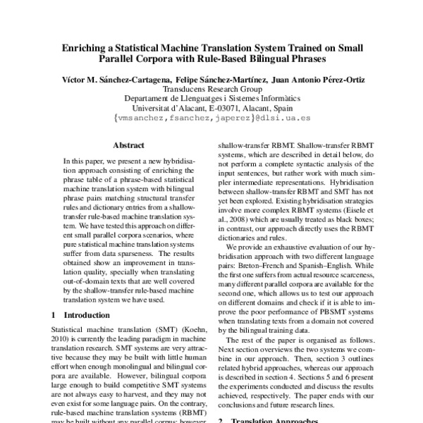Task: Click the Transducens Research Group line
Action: [x=211, y=90]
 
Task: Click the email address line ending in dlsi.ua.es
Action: [x=211, y=120]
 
